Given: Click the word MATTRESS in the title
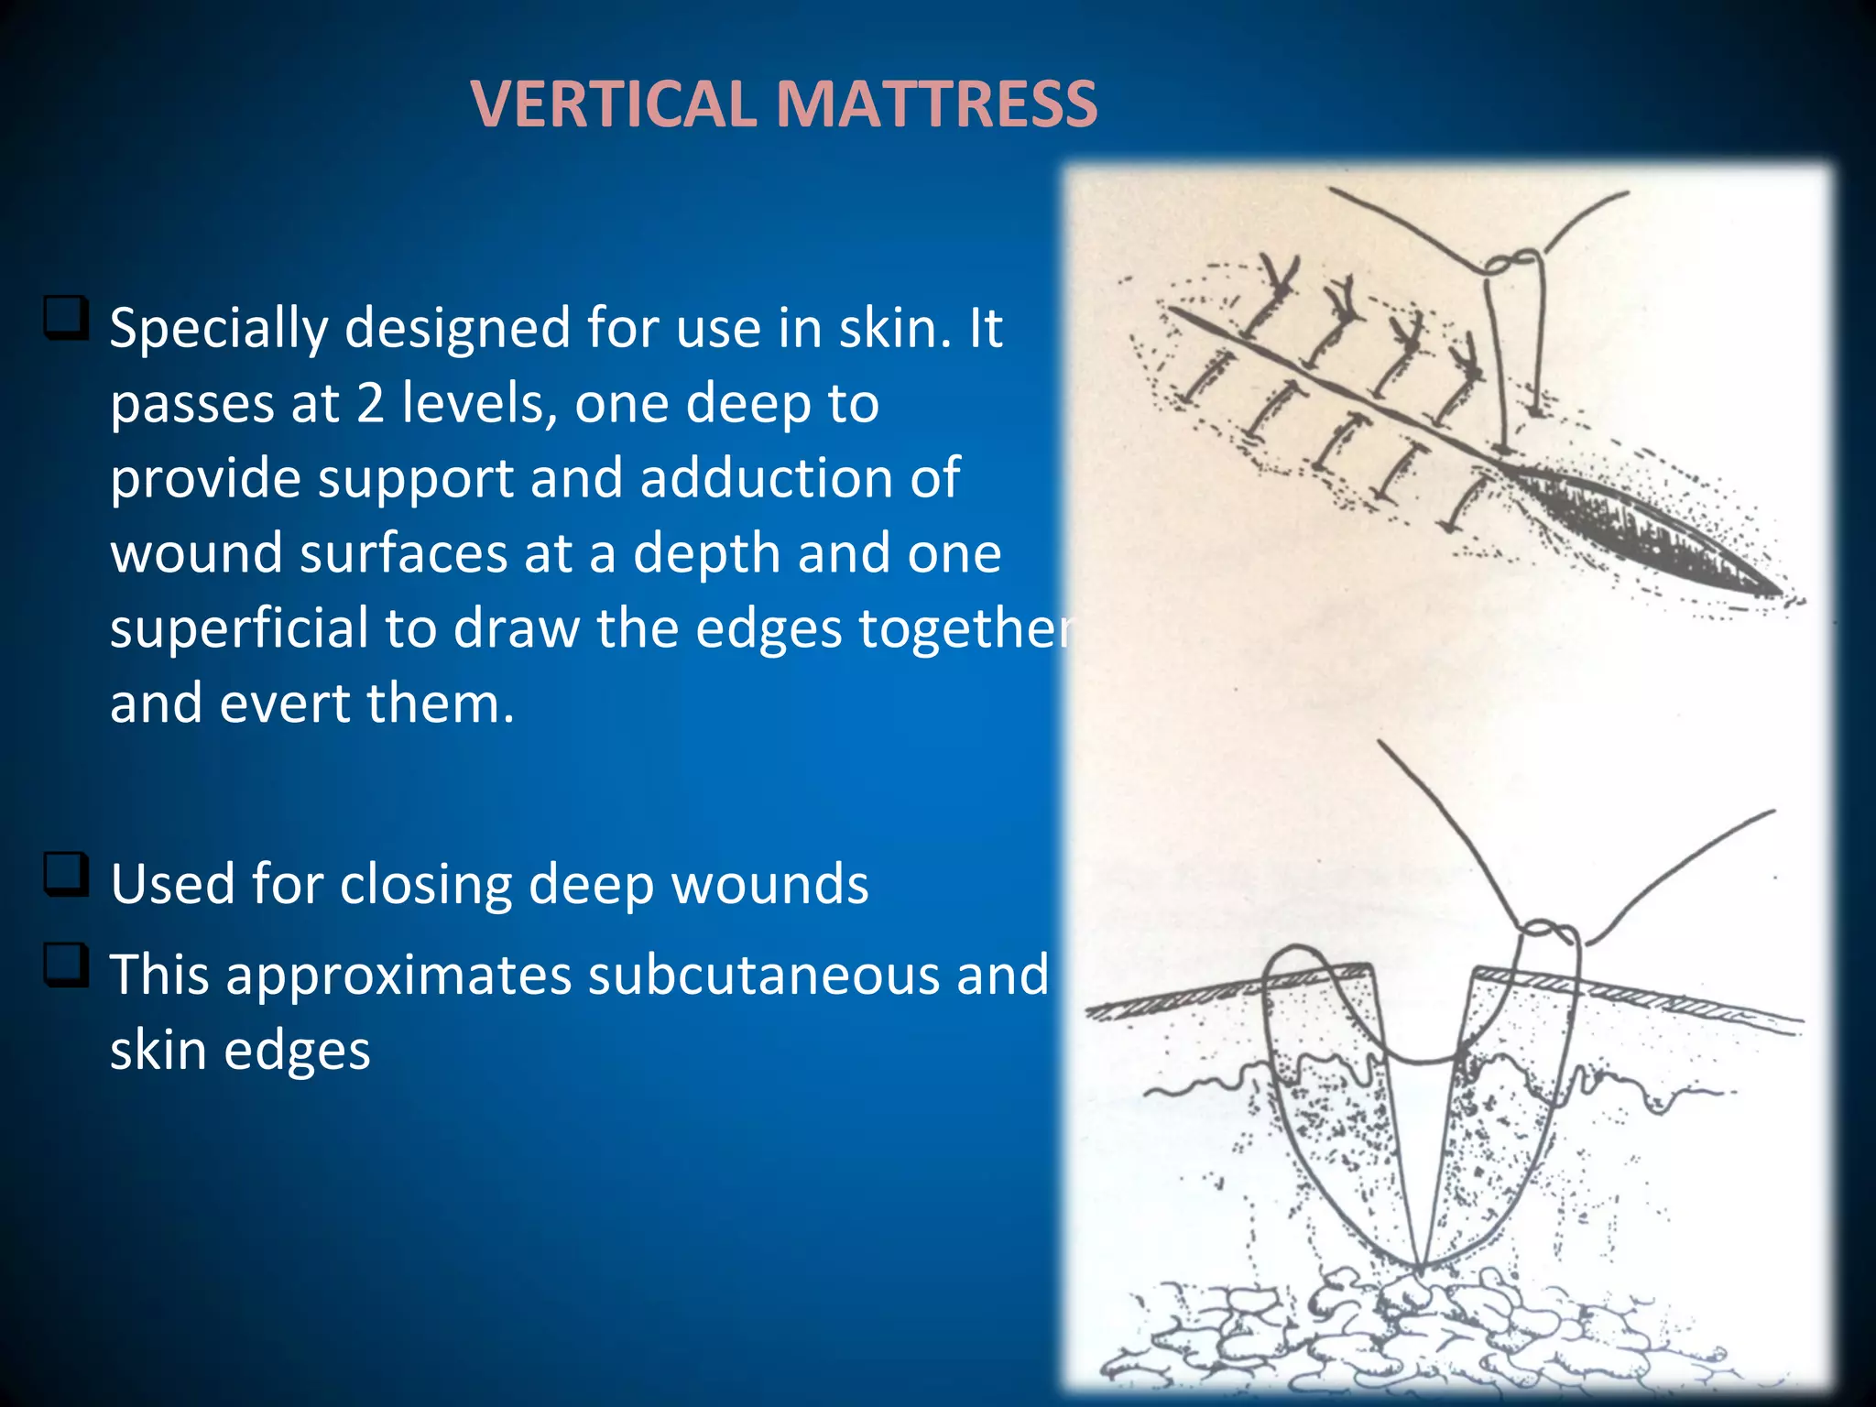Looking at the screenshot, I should pyautogui.click(x=935, y=104).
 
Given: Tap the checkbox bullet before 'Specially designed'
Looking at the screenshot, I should pyautogui.click(x=66, y=318).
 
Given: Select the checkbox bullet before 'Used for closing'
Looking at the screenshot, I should pyautogui.click(x=66, y=875).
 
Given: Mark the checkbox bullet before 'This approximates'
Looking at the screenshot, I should pyautogui.click(x=66, y=965).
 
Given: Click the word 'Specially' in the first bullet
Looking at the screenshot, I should pyautogui.click(x=218, y=329).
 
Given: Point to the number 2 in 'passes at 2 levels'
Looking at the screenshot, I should pyautogui.click(x=369, y=404).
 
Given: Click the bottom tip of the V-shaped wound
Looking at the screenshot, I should pyautogui.click(x=1419, y=1269).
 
